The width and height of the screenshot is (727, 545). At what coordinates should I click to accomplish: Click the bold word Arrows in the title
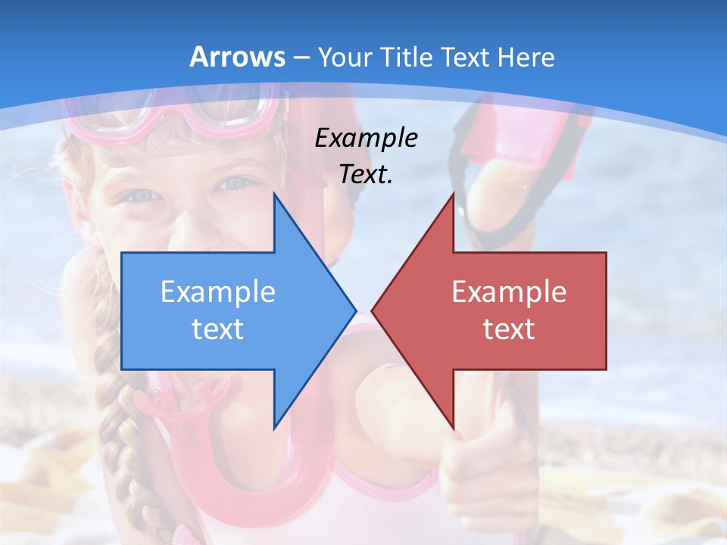(238, 57)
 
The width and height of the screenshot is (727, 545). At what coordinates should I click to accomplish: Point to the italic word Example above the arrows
(366, 139)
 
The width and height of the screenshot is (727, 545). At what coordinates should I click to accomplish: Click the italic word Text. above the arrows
(366, 175)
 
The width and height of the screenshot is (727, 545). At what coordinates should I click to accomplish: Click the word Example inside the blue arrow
(218, 292)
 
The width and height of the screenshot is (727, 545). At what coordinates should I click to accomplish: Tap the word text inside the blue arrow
(218, 329)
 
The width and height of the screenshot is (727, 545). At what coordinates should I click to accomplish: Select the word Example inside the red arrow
(509, 292)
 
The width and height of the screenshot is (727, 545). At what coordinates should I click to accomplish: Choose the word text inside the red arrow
(509, 329)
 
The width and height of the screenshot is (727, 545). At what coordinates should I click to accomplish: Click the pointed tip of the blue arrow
(354, 310)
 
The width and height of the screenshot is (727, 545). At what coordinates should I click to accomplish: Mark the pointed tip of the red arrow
(374, 310)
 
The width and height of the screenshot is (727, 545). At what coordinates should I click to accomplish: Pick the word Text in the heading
(467, 57)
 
